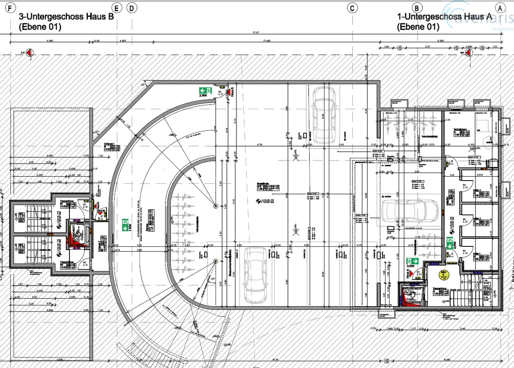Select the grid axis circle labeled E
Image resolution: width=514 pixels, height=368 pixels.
pyautogui.click(x=117, y=8)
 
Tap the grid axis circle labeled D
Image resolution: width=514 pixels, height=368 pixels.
pyautogui.click(x=132, y=8)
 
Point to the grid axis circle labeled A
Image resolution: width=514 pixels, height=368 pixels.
pyautogui.click(x=500, y=8)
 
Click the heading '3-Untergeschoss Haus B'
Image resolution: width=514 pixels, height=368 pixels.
pyautogui.click(x=66, y=17)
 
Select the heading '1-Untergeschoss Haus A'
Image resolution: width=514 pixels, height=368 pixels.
pyautogui.click(x=445, y=17)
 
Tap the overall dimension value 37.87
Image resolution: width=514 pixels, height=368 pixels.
pyautogui.click(x=253, y=33)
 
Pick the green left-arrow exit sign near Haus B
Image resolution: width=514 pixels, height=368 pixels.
pyautogui.click(x=205, y=91)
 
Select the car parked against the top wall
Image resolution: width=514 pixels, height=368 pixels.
pyautogui.click(x=324, y=114)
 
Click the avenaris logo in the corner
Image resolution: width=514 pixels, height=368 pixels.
pyautogui.click(x=478, y=16)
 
